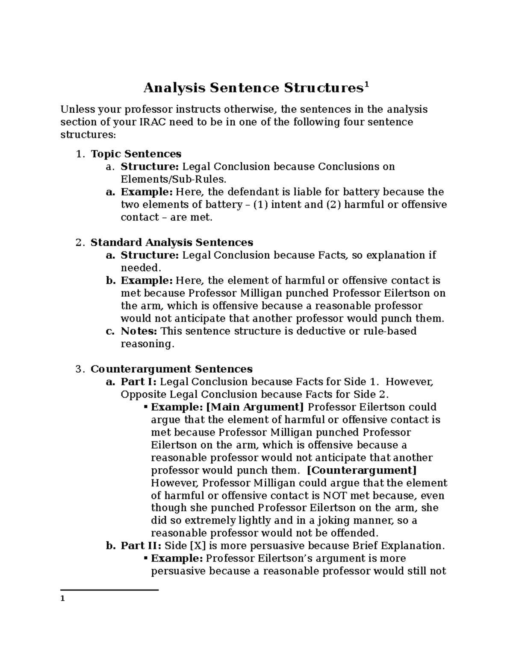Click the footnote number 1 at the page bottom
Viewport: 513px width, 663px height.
click(x=62, y=599)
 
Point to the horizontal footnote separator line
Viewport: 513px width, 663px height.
click(x=109, y=590)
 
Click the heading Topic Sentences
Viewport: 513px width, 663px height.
click(x=136, y=154)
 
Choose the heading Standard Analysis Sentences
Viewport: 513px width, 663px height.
click(x=171, y=242)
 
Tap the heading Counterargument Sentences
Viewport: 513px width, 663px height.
click(x=171, y=369)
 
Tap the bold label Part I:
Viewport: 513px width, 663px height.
click(x=139, y=382)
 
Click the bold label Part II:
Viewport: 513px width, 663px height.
click(x=141, y=546)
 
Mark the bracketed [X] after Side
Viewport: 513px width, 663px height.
click(x=197, y=546)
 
